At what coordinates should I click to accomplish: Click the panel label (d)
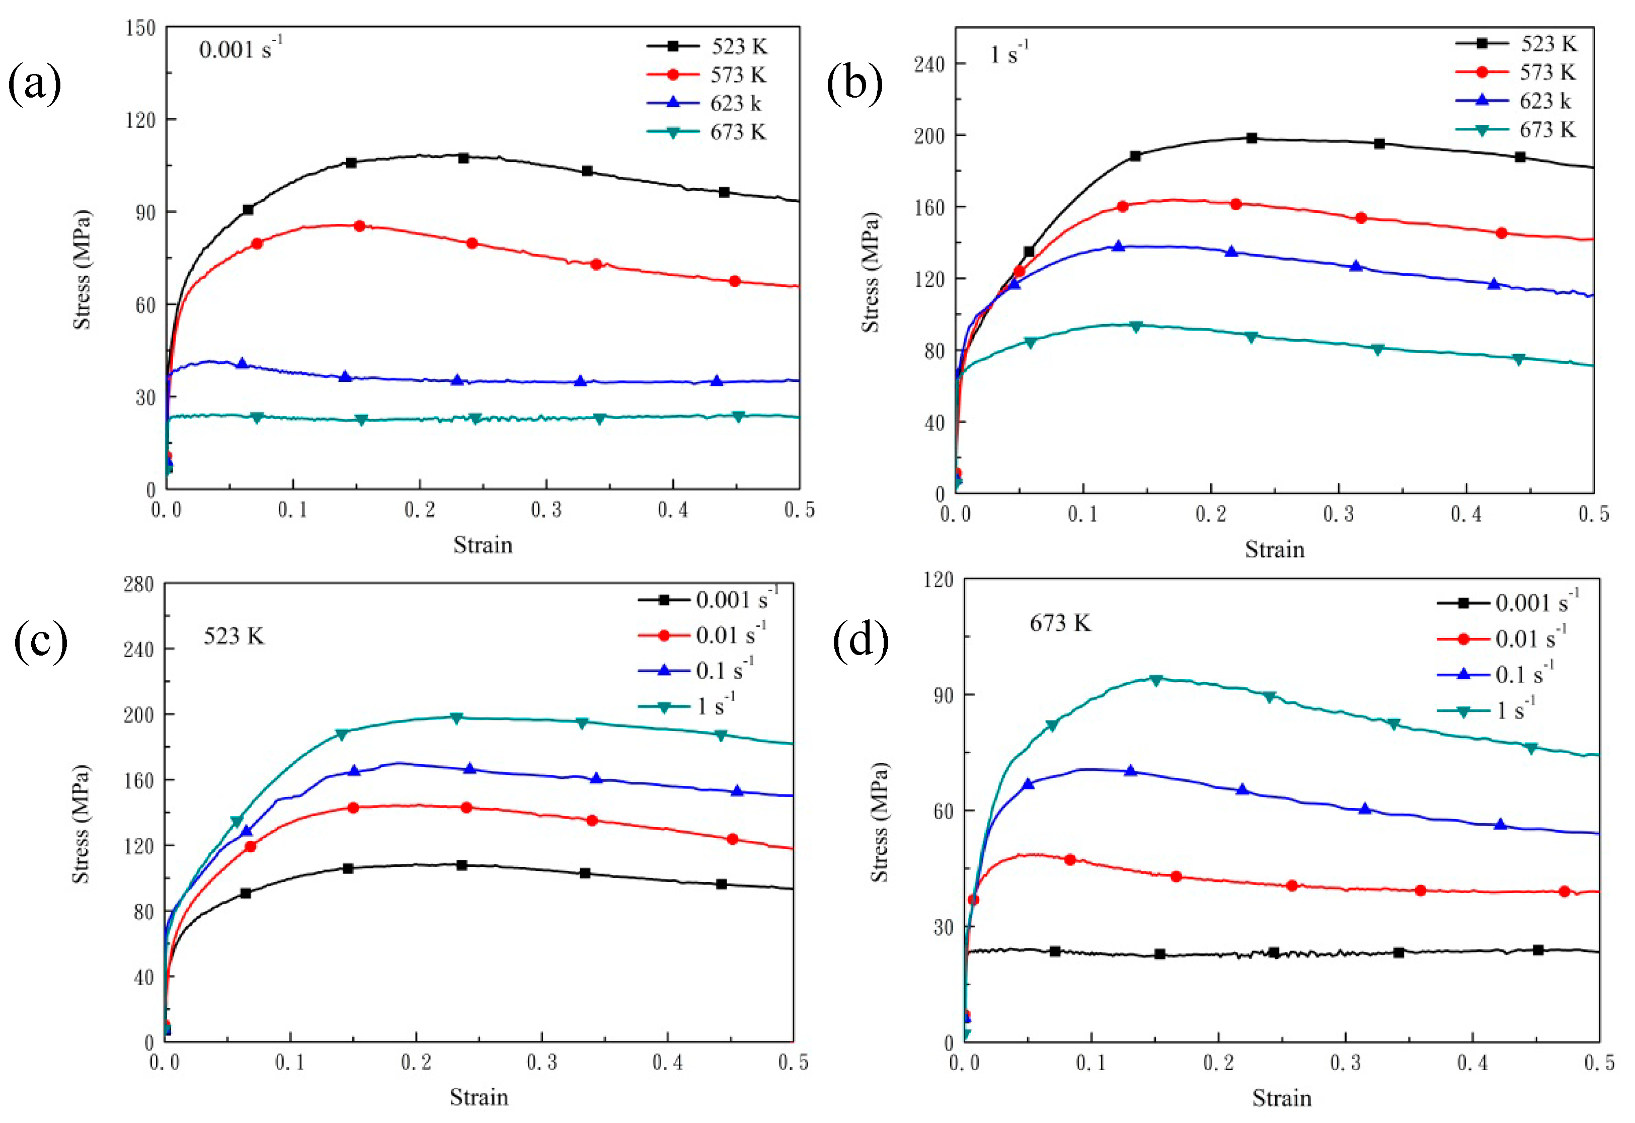tap(860, 641)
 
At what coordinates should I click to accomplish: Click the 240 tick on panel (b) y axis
tap(928, 64)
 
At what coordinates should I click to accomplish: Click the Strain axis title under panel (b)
tap(1274, 549)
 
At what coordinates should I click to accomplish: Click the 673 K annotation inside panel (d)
tap(1059, 623)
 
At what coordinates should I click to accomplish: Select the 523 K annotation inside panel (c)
tap(233, 637)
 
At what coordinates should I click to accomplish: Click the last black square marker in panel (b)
tap(1520, 157)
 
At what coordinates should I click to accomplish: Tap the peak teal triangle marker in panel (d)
tap(1156, 680)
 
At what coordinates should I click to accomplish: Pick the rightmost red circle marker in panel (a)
tap(735, 281)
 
